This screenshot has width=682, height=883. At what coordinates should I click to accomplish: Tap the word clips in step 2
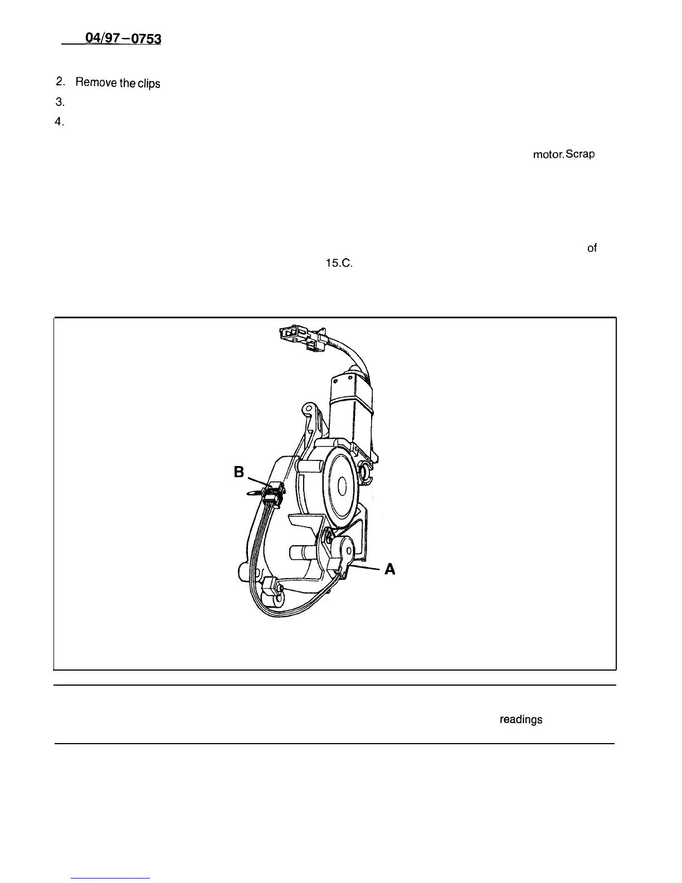pyautogui.click(x=148, y=84)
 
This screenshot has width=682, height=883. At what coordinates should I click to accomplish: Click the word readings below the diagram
pyautogui.click(x=521, y=720)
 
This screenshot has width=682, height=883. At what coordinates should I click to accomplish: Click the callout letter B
pyautogui.click(x=240, y=473)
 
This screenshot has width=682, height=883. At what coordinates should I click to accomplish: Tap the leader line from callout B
pyautogui.click(x=257, y=480)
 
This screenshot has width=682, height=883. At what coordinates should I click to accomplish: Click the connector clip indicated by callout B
pyautogui.click(x=274, y=493)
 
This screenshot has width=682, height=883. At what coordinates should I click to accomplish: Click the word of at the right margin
pyautogui.click(x=592, y=249)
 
